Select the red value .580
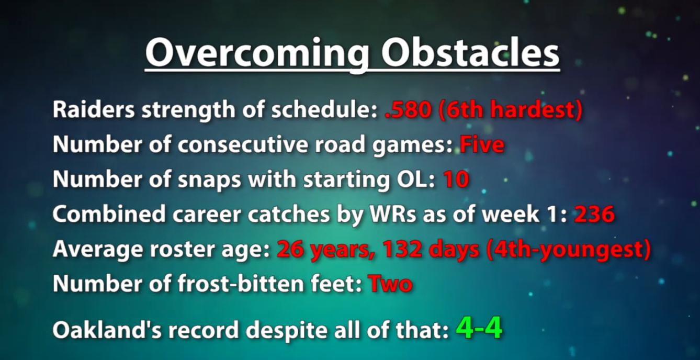[409, 110]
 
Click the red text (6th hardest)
[511, 110]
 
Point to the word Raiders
[94, 110]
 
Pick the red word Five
[482, 144]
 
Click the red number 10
[456, 179]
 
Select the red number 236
[594, 215]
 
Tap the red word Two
[391, 284]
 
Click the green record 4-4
[479, 328]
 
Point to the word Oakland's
[107, 330]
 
